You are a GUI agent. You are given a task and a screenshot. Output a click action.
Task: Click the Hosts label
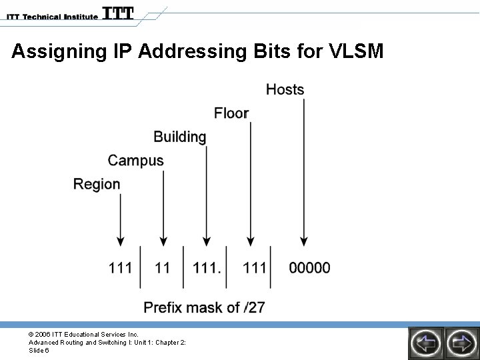coord(285,89)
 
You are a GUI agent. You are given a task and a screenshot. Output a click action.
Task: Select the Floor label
coord(231,113)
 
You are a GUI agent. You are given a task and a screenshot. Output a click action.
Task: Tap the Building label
coord(180,137)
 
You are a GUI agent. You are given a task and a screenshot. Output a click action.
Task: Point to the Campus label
coord(135,161)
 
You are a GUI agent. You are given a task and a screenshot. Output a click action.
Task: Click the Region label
coord(97,185)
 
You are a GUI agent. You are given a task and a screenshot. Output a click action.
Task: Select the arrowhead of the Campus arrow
coord(163,241)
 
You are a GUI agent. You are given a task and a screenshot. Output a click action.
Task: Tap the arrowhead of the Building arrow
coord(206,241)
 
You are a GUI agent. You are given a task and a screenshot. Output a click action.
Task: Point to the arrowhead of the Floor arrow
coord(250,241)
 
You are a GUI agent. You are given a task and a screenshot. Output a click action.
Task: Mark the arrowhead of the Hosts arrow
coord(303,241)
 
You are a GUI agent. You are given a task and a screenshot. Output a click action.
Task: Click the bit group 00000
coord(309,268)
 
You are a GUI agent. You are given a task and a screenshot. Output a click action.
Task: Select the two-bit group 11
coord(163,268)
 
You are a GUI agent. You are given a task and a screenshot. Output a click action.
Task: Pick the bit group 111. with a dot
coord(207,268)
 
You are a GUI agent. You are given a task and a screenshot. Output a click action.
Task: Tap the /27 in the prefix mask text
coord(255,307)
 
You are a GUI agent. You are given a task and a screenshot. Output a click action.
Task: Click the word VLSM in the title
coord(357,51)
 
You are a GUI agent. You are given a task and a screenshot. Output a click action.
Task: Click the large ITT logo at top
coord(118,13)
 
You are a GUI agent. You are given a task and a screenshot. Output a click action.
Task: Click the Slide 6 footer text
coord(39,351)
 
